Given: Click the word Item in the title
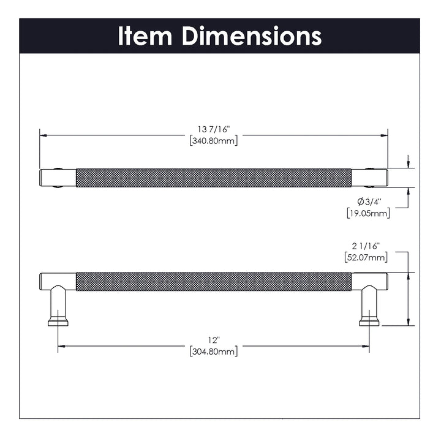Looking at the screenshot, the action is point(145,36).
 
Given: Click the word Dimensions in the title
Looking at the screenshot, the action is point(252,36).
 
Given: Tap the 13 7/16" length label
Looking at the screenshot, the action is point(214,129).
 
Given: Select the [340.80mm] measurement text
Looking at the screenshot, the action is point(214,140).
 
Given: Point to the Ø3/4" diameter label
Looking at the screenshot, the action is point(369,202).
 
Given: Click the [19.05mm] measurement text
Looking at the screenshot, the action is point(369,213).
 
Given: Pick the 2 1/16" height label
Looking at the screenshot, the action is point(366,246).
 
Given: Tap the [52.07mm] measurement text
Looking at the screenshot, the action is point(366,257).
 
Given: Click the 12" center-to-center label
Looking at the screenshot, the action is point(214,340).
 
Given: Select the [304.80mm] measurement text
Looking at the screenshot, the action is point(214,352).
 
